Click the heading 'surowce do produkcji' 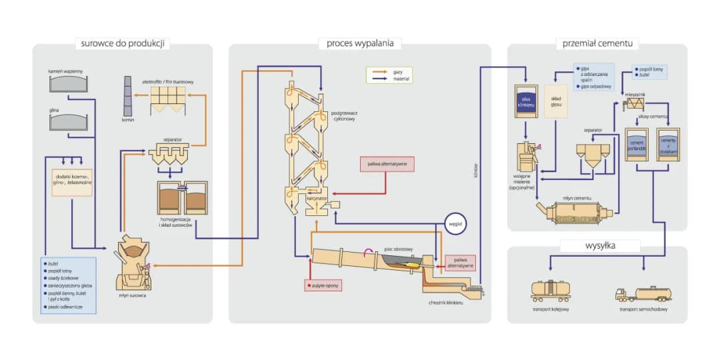pyautogui.click(x=123, y=44)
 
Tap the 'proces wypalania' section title pyautogui.click(x=360, y=44)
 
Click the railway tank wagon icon pyautogui.click(x=549, y=291)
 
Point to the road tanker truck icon pyautogui.click(x=645, y=293)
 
